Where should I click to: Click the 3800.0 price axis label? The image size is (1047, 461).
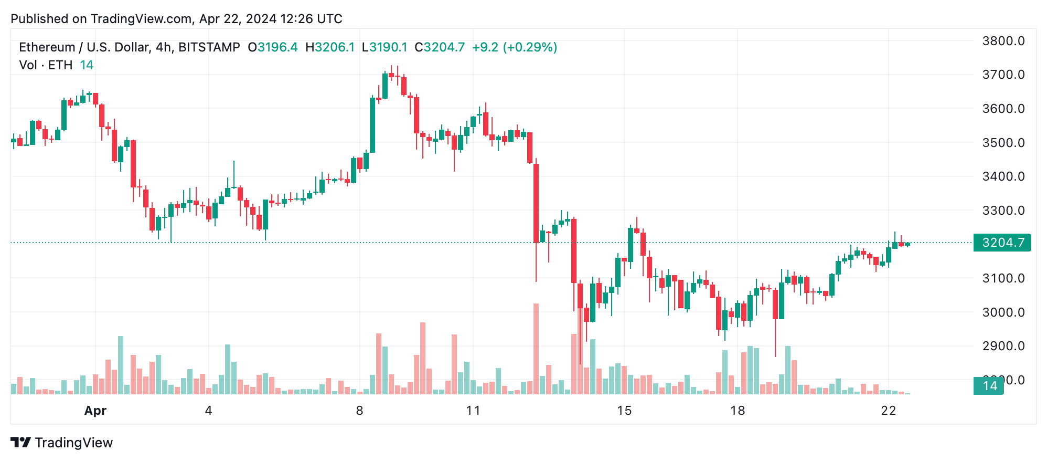[x=1003, y=41]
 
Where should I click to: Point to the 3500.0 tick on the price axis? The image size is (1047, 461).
[x=1003, y=143]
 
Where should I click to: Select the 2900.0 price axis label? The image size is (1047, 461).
[x=1003, y=346]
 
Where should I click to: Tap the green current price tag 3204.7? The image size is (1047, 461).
[x=1002, y=243]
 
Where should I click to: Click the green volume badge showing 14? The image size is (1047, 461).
[x=988, y=386]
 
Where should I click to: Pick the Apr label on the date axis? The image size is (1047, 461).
[x=95, y=411]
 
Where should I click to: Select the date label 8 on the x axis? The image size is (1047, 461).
[x=359, y=411]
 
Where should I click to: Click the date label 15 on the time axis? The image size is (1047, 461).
[x=624, y=411]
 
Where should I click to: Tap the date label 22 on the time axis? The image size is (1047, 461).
[x=888, y=411]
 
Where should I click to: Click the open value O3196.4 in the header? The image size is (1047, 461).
[x=273, y=47]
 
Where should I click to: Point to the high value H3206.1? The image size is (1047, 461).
[x=330, y=47]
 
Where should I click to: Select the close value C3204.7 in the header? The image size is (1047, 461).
[x=440, y=47]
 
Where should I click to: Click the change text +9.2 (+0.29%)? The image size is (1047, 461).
[x=514, y=47]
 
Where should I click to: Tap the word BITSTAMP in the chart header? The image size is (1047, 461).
[x=209, y=47]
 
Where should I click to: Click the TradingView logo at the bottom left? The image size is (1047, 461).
[x=62, y=443]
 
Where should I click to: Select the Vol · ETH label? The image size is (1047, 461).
[x=46, y=65]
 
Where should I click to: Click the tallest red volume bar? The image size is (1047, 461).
[x=536, y=349]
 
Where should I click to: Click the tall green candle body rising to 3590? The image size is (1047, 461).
[x=372, y=125]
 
